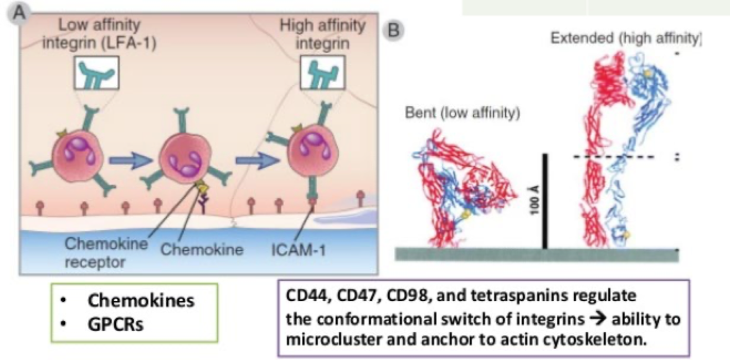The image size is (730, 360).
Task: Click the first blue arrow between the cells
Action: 131,161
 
